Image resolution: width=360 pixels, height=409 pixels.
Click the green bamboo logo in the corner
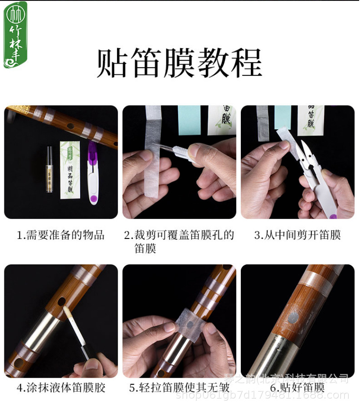[x=15, y=35]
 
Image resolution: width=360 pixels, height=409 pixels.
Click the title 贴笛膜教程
[x=179, y=63]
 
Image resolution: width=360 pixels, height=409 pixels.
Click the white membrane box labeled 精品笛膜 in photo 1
[x=70, y=169]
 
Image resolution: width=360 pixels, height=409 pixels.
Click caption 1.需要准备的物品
[x=61, y=235]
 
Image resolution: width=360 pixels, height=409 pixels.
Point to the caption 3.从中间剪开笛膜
[x=298, y=235]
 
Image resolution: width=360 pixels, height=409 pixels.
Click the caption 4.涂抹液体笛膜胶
[x=61, y=387]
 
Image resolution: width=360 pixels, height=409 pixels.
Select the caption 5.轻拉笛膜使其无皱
[x=179, y=387]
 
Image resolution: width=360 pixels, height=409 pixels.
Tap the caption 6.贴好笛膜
[x=298, y=387]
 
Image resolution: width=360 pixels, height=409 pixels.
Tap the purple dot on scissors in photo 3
[x=332, y=215]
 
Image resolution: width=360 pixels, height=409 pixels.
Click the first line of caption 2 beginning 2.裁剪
[x=179, y=235]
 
